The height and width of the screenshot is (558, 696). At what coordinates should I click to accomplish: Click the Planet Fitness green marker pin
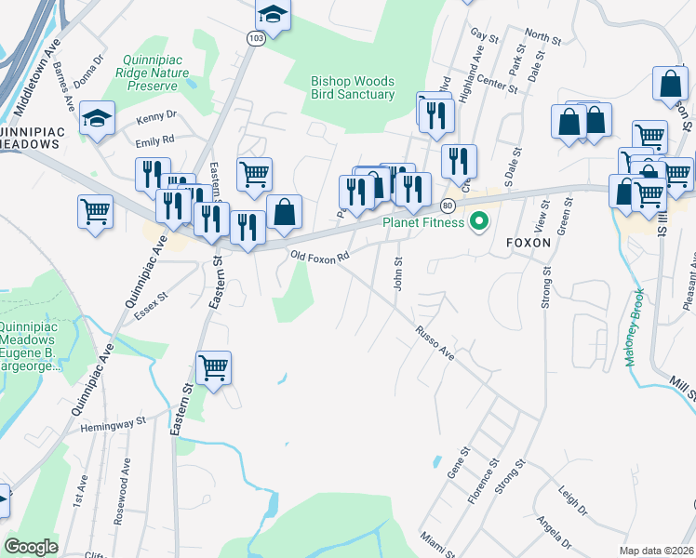(x=479, y=221)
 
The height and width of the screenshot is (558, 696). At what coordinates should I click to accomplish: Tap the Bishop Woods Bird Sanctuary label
(x=353, y=87)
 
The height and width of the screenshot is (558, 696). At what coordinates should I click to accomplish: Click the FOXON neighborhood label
(x=529, y=243)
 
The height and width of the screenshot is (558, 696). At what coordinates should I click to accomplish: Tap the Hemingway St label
(x=114, y=421)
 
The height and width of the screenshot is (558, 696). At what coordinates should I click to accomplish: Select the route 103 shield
(x=257, y=37)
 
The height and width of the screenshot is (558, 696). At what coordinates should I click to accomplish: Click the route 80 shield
(x=448, y=205)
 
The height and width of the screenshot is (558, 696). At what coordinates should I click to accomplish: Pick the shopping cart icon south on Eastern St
(x=214, y=368)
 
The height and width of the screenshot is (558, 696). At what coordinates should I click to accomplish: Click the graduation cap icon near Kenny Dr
(x=97, y=119)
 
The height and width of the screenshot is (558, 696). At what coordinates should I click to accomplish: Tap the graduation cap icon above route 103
(x=273, y=13)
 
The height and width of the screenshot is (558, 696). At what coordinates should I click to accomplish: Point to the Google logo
(x=31, y=547)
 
